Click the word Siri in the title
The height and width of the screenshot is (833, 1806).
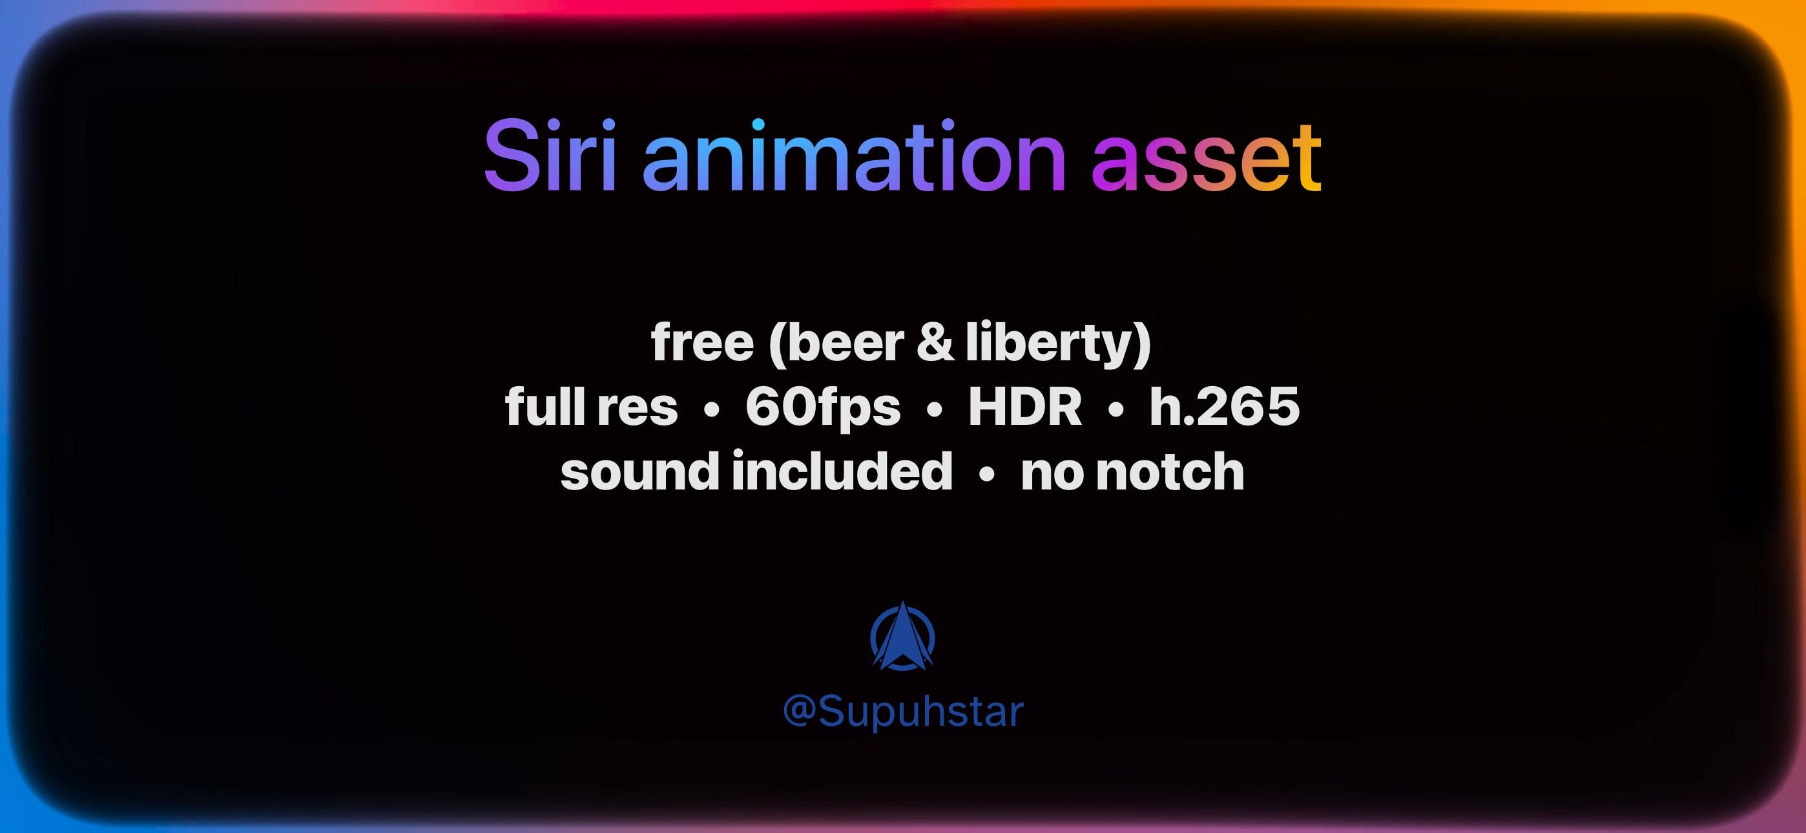[x=550, y=155]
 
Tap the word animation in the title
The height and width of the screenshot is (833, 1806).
[x=854, y=155]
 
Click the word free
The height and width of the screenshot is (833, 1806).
[x=703, y=342]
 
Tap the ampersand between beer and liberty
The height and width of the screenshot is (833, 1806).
[x=936, y=342]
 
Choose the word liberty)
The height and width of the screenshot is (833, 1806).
[x=1059, y=344]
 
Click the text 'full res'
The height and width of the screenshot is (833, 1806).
[x=591, y=407]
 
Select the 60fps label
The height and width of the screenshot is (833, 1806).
[x=823, y=408]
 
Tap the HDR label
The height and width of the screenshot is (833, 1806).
[x=1025, y=407]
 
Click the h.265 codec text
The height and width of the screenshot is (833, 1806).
[x=1224, y=407]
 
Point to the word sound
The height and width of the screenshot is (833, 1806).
[x=640, y=471]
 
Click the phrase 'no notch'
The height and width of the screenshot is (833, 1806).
[x=1132, y=472]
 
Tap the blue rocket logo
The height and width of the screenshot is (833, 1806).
[x=902, y=636]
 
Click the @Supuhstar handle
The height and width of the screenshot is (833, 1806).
[x=903, y=711]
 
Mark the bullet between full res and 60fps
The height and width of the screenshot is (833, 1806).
[x=712, y=409]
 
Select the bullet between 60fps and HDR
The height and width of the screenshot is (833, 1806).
[x=935, y=409]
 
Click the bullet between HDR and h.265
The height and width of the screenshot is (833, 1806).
[x=1116, y=409]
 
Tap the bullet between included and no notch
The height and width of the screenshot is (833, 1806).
[x=986, y=474]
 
